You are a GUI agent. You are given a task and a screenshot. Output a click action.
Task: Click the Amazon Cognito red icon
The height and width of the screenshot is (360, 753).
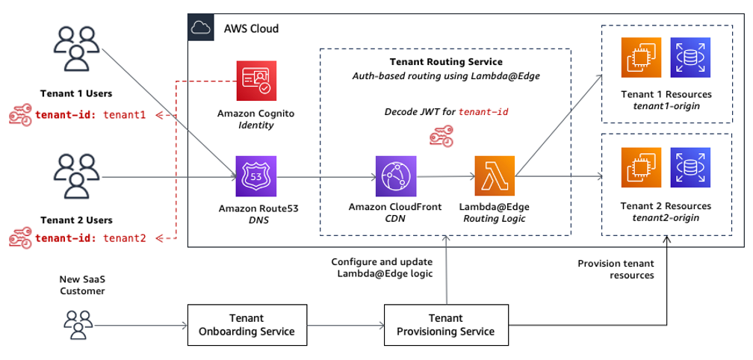coord(255,82)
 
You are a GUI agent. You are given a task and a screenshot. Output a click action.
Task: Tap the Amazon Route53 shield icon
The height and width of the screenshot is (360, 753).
coord(255,176)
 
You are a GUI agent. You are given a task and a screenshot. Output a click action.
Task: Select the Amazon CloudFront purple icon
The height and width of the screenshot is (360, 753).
coord(395,176)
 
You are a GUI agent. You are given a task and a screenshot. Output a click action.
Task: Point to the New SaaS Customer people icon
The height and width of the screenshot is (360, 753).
coord(78,325)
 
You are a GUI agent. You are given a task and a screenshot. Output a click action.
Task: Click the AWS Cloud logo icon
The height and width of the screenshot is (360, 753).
coord(200,28)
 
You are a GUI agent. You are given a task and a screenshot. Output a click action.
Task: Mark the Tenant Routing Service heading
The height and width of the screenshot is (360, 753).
coord(446,61)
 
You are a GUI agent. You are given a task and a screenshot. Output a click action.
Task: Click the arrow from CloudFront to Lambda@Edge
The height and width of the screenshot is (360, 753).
coord(444,178)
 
